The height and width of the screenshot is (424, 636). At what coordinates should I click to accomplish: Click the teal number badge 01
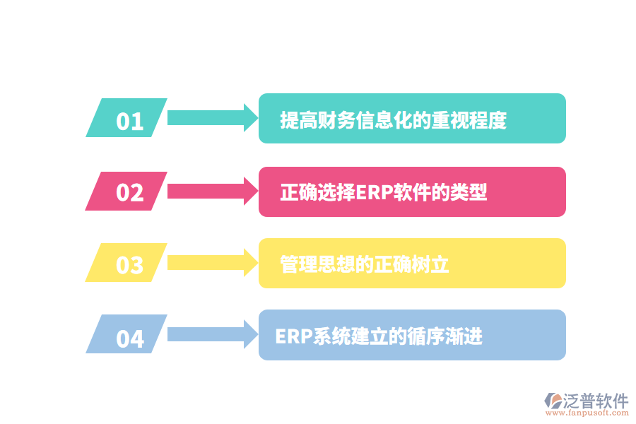[127, 118]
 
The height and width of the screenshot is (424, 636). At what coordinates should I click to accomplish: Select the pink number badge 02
[127, 192]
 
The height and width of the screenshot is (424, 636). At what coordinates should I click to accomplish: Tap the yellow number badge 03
[127, 263]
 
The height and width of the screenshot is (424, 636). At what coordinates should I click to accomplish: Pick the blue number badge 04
[127, 335]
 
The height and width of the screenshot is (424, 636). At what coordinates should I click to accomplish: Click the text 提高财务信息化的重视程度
[394, 120]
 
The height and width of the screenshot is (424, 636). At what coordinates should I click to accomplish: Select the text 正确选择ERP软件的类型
[384, 192]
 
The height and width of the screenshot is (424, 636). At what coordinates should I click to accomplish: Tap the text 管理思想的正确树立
[365, 264]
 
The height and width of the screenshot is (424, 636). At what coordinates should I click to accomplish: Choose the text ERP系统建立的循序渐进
[379, 336]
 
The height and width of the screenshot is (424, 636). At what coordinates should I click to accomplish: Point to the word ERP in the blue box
[293, 336]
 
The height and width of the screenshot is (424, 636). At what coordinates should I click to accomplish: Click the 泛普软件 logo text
[595, 401]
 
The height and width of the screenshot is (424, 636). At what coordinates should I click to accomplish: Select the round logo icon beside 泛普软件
[552, 401]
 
